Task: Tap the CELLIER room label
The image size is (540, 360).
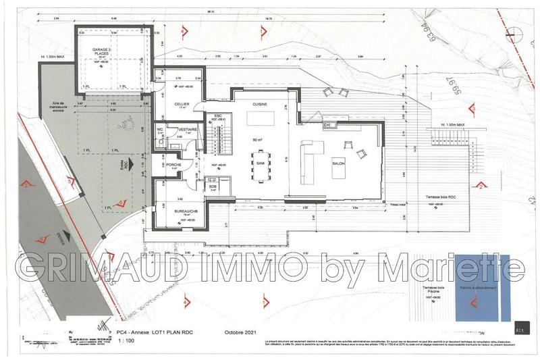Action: coord(180,105)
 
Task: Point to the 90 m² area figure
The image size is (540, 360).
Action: coord(256,139)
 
